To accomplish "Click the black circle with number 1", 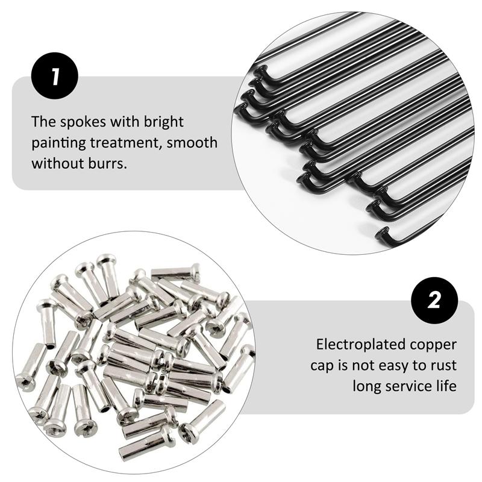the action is coord(55,76).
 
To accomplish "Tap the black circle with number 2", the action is coord(434,300).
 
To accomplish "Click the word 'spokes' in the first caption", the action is coord(83,122).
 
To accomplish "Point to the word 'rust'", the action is coord(443,366).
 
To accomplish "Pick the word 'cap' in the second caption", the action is coord(322,367).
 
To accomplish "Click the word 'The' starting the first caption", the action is coord(43,122).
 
